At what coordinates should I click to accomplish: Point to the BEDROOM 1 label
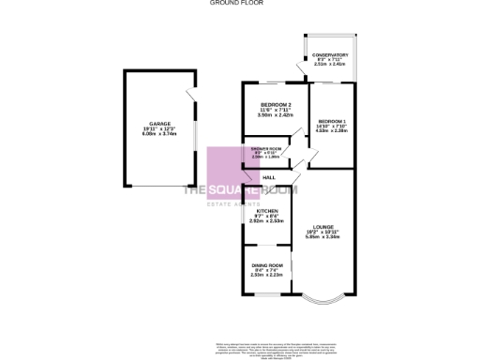pyautogui.click(x=332, y=122)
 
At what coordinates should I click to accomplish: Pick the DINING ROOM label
pyautogui.click(x=268, y=265)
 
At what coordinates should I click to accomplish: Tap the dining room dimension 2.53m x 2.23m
pyautogui.click(x=268, y=277)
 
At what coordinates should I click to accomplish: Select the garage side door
pyautogui.click(x=190, y=96)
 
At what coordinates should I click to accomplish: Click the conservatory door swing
pyautogui.click(x=298, y=67)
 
